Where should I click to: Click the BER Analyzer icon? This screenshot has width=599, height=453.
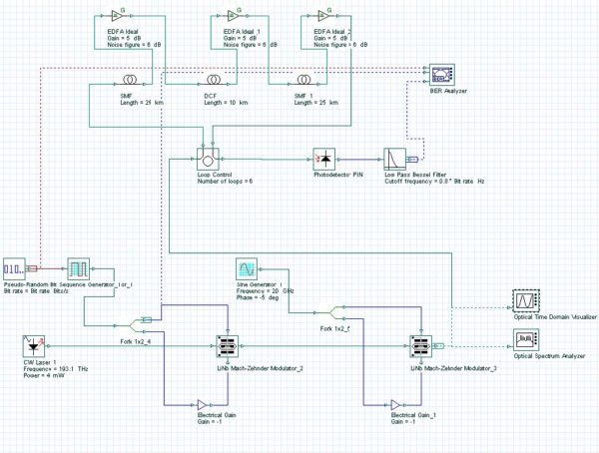438,75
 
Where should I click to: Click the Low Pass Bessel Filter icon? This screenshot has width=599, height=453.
396,159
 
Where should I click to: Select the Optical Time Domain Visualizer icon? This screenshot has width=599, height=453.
525,300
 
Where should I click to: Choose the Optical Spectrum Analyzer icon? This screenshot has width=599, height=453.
525,342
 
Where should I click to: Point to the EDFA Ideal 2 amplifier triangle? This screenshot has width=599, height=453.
318,17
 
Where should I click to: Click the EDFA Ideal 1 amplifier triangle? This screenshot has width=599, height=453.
233,17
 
